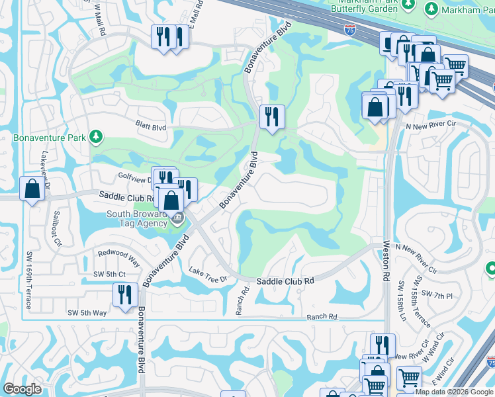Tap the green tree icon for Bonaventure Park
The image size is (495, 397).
pyautogui.click(x=97, y=137)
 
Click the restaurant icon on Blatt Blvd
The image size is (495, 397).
pyautogui.click(x=271, y=118)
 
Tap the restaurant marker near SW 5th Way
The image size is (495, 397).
pyautogui.click(x=124, y=294)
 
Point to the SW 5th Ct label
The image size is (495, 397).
pyautogui.click(x=109, y=274)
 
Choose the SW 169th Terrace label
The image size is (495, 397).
pyautogui.click(x=28, y=281)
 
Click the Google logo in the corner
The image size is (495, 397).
pyautogui.click(x=22, y=389)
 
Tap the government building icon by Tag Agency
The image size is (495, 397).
pyautogui.click(x=177, y=219)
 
